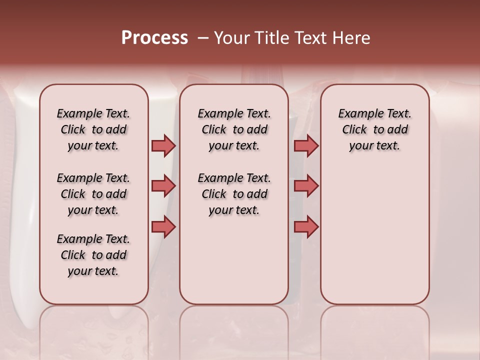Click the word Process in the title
click(154, 38)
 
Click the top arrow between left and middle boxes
click(163, 145)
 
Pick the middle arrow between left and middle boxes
click(163, 186)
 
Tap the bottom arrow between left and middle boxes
click(163, 227)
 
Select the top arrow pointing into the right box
click(306, 145)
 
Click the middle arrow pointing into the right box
click(306, 186)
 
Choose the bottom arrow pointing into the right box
click(306, 227)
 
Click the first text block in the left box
click(93, 129)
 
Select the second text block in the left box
click(93, 194)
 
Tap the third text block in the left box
click(93, 255)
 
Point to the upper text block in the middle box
click(234, 129)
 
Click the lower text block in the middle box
click(234, 194)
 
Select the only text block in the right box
click(374, 129)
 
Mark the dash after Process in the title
click(203, 38)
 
